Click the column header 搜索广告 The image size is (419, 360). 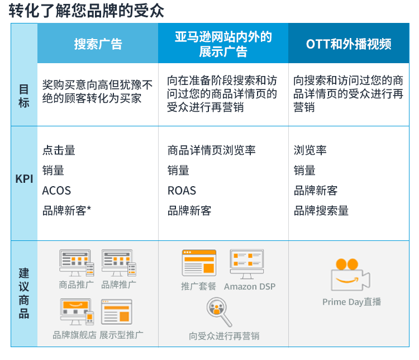pyautogui.click(x=98, y=44)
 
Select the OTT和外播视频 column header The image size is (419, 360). pyautogui.click(x=349, y=44)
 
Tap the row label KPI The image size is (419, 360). pyautogui.click(x=24, y=179)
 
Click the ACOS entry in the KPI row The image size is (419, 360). pyautogui.click(x=56, y=191)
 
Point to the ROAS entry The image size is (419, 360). pyautogui.click(x=182, y=191)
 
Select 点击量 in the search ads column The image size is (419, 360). pyautogui.click(x=59, y=150)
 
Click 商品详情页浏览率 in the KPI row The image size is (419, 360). pyautogui.click(x=211, y=150)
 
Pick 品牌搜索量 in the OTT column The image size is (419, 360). pyautogui.click(x=321, y=211)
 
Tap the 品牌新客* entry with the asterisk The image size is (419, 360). pyautogui.click(x=67, y=211)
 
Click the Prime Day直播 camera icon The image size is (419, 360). pyautogui.click(x=350, y=274)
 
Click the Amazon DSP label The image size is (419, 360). pyautogui.click(x=250, y=286)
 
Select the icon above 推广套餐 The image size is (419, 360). pyautogui.click(x=199, y=263)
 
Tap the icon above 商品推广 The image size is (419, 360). pyautogui.click(x=77, y=263)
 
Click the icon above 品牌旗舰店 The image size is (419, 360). pyautogui.click(x=77, y=312)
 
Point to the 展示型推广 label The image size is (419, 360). pyautogui.click(x=121, y=335)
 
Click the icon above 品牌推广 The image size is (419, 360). pyautogui.click(x=119, y=263)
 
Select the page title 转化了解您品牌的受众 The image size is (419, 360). pyautogui.click(x=86, y=11)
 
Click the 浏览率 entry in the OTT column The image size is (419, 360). pyautogui.click(x=310, y=150)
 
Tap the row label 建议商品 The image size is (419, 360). pyautogui.click(x=24, y=293)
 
